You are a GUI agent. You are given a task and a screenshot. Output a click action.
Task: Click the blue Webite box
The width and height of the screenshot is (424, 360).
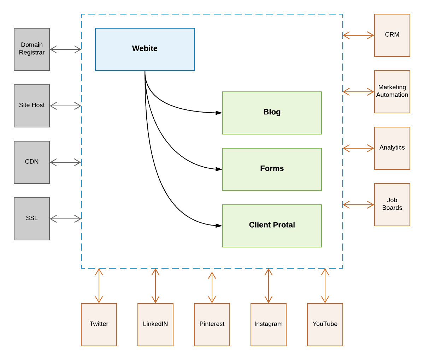coord(145,49)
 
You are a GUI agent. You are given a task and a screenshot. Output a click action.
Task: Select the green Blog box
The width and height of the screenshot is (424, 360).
coord(272,113)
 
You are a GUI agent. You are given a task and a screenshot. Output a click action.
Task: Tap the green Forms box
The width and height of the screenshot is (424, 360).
coord(272,169)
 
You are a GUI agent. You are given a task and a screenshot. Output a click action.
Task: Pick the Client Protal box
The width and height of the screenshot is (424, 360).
coord(272,226)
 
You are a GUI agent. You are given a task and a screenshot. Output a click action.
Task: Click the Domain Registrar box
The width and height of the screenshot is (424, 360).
coord(32,49)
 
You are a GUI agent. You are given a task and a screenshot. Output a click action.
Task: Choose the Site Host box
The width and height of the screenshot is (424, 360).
coord(32,106)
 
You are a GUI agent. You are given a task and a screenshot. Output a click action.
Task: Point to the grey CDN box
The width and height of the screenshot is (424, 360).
coord(32,162)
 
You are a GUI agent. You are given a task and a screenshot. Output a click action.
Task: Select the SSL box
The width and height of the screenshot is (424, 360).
coord(32,219)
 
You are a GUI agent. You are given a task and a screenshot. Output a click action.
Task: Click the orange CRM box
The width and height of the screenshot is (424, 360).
coord(392,35)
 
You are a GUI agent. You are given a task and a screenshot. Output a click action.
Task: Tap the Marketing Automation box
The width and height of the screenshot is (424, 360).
coord(392,92)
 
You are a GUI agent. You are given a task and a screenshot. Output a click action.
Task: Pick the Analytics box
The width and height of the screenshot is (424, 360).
coord(392,148)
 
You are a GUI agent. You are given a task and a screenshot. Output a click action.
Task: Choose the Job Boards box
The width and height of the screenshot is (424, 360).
coord(392,205)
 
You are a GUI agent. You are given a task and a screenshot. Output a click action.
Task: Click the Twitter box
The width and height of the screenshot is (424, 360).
coord(99,325)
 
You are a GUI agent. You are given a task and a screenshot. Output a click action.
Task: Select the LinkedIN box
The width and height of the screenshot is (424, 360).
coord(155,325)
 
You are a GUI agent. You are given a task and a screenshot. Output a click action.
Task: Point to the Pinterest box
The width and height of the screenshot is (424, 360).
coord(212,325)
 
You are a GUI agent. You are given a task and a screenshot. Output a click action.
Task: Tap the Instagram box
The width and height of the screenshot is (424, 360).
coord(269,325)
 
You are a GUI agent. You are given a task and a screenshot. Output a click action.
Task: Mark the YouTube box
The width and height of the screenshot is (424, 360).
coord(325,325)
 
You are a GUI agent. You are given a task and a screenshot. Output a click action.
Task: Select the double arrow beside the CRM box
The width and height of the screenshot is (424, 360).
coord(358,35)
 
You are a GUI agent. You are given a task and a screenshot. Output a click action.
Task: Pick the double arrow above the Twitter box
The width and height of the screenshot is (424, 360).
coord(99,286)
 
